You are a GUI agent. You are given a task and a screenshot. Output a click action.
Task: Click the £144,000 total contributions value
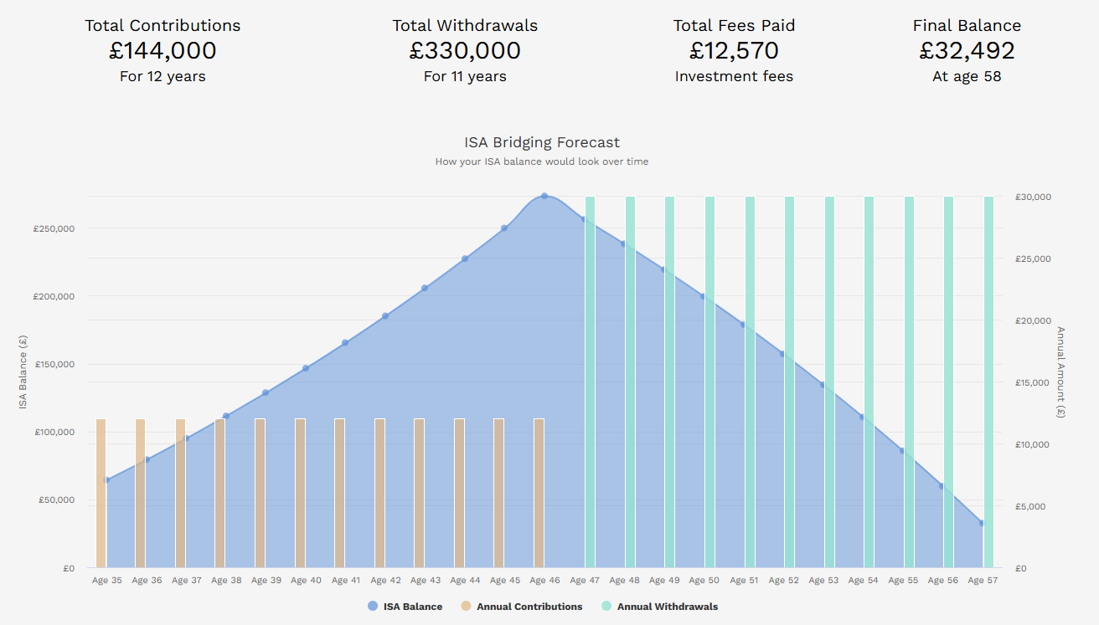tap(163, 51)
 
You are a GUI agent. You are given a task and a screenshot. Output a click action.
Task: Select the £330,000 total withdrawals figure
tap(465, 51)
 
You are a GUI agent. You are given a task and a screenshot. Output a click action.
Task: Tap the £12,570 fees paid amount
tap(734, 51)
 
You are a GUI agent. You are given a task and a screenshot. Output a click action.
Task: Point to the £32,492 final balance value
tap(967, 51)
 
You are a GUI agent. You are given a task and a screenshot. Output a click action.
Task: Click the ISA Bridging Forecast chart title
tap(542, 142)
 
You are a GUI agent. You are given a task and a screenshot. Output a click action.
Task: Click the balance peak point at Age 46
tap(544, 196)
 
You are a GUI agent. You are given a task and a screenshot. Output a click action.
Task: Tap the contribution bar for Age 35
tap(101, 493)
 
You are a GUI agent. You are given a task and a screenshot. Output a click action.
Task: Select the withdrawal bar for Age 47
tap(590, 382)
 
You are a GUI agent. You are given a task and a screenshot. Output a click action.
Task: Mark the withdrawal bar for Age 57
tap(988, 382)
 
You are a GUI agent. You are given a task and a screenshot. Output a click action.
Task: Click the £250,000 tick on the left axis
tap(54, 228)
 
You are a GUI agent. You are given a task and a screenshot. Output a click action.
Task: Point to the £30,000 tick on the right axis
tap(1034, 197)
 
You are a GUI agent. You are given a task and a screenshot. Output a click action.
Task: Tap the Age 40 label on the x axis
tap(306, 581)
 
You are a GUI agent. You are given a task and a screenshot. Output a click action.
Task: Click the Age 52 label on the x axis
tap(783, 581)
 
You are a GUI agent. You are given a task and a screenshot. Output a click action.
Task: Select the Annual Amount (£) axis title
tap(1060, 372)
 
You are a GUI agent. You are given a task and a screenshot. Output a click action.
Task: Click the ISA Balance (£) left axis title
tap(23, 372)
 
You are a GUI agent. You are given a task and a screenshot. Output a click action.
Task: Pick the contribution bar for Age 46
tap(539, 493)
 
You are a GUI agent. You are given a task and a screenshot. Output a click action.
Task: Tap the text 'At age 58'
tap(967, 77)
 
